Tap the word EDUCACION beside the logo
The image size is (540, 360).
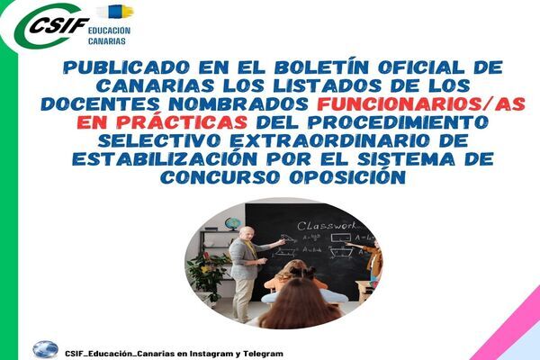(x=109, y=31)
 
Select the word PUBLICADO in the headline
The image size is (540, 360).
(x=126, y=67)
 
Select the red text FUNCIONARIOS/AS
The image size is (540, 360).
(x=421, y=104)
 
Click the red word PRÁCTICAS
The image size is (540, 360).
(x=182, y=122)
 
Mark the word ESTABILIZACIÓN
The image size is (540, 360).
(x=165, y=157)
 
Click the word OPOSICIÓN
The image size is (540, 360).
(x=347, y=176)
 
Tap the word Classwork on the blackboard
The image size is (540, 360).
(x=328, y=226)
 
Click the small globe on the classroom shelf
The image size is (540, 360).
(x=232, y=223)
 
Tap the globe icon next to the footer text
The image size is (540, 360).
(x=46, y=350)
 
